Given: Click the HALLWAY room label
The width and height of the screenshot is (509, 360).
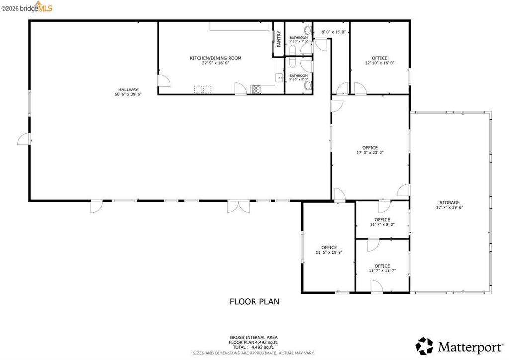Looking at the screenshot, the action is pyautogui.click(x=128, y=90).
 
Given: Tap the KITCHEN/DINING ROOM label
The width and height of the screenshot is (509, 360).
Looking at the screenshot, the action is pyautogui.click(x=216, y=58).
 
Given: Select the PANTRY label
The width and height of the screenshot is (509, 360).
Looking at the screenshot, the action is pyautogui.click(x=279, y=39).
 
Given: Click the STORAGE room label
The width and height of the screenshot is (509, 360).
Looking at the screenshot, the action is pyautogui.click(x=449, y=202).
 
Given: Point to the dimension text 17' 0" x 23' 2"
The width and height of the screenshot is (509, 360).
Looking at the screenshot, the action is pyautogui.click(x=370, y=152).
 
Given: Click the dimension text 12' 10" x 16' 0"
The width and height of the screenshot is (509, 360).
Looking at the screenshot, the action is pyautogui.click(x=379, y=63).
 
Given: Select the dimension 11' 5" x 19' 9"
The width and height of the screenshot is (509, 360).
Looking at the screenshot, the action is pyautogui.click(x=329, y=252).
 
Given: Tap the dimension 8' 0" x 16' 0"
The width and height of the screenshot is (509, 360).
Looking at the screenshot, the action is pyautogui.click(x=334, y=32).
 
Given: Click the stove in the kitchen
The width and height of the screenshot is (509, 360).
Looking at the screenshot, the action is pyautogui.click(x=256, y=90).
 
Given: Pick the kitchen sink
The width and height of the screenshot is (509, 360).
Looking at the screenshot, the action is pyautogui.click(x=279, y=78).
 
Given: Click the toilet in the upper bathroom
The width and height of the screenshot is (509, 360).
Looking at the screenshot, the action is pyautogui.click(x=307, y=30).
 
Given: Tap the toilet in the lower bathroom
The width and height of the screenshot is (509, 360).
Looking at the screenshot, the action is pyautogui.click(x=307, y=85).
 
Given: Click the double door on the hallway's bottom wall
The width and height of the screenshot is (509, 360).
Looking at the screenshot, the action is pyautogui.click(x=238, y=207).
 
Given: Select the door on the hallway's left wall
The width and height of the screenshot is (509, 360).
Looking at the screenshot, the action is pyautogui.click(x=24, y=139).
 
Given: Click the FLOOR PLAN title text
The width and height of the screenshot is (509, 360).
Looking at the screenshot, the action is pyautogui.click(x=254, y=301).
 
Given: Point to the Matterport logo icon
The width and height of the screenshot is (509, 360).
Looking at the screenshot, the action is pyautogui.click(x=424, y=346).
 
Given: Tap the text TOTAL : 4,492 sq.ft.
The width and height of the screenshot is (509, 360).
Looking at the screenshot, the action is pyautogui.click(x=253, y=347).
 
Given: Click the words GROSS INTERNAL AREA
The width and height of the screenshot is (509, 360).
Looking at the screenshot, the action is pyautogui.click(x=254, y=337).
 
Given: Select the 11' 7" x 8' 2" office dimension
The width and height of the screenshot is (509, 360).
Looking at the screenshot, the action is pyautogui.click(x=382, y=224).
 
